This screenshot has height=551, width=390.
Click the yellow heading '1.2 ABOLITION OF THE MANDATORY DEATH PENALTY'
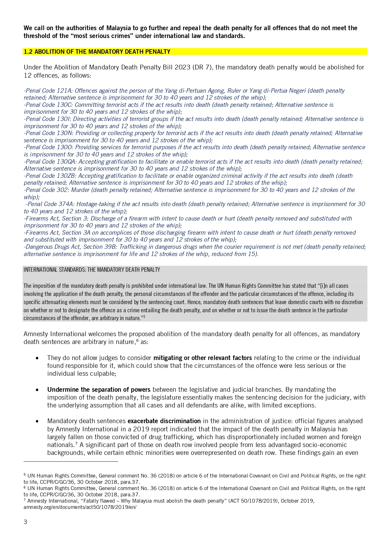coord(97,52)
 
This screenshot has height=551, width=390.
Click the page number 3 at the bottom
coord(25,522)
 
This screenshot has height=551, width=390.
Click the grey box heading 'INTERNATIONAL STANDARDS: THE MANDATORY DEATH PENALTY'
coord(92,270)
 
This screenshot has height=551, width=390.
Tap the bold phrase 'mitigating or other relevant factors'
coord(203,358)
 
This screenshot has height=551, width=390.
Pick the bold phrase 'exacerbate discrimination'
coord(164,421)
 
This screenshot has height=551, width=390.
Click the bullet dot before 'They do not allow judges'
coord(37,358)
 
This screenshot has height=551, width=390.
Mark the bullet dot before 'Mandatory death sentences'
coord(37,421)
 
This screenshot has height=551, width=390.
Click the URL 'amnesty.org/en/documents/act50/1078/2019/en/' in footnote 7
coord(80,507)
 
